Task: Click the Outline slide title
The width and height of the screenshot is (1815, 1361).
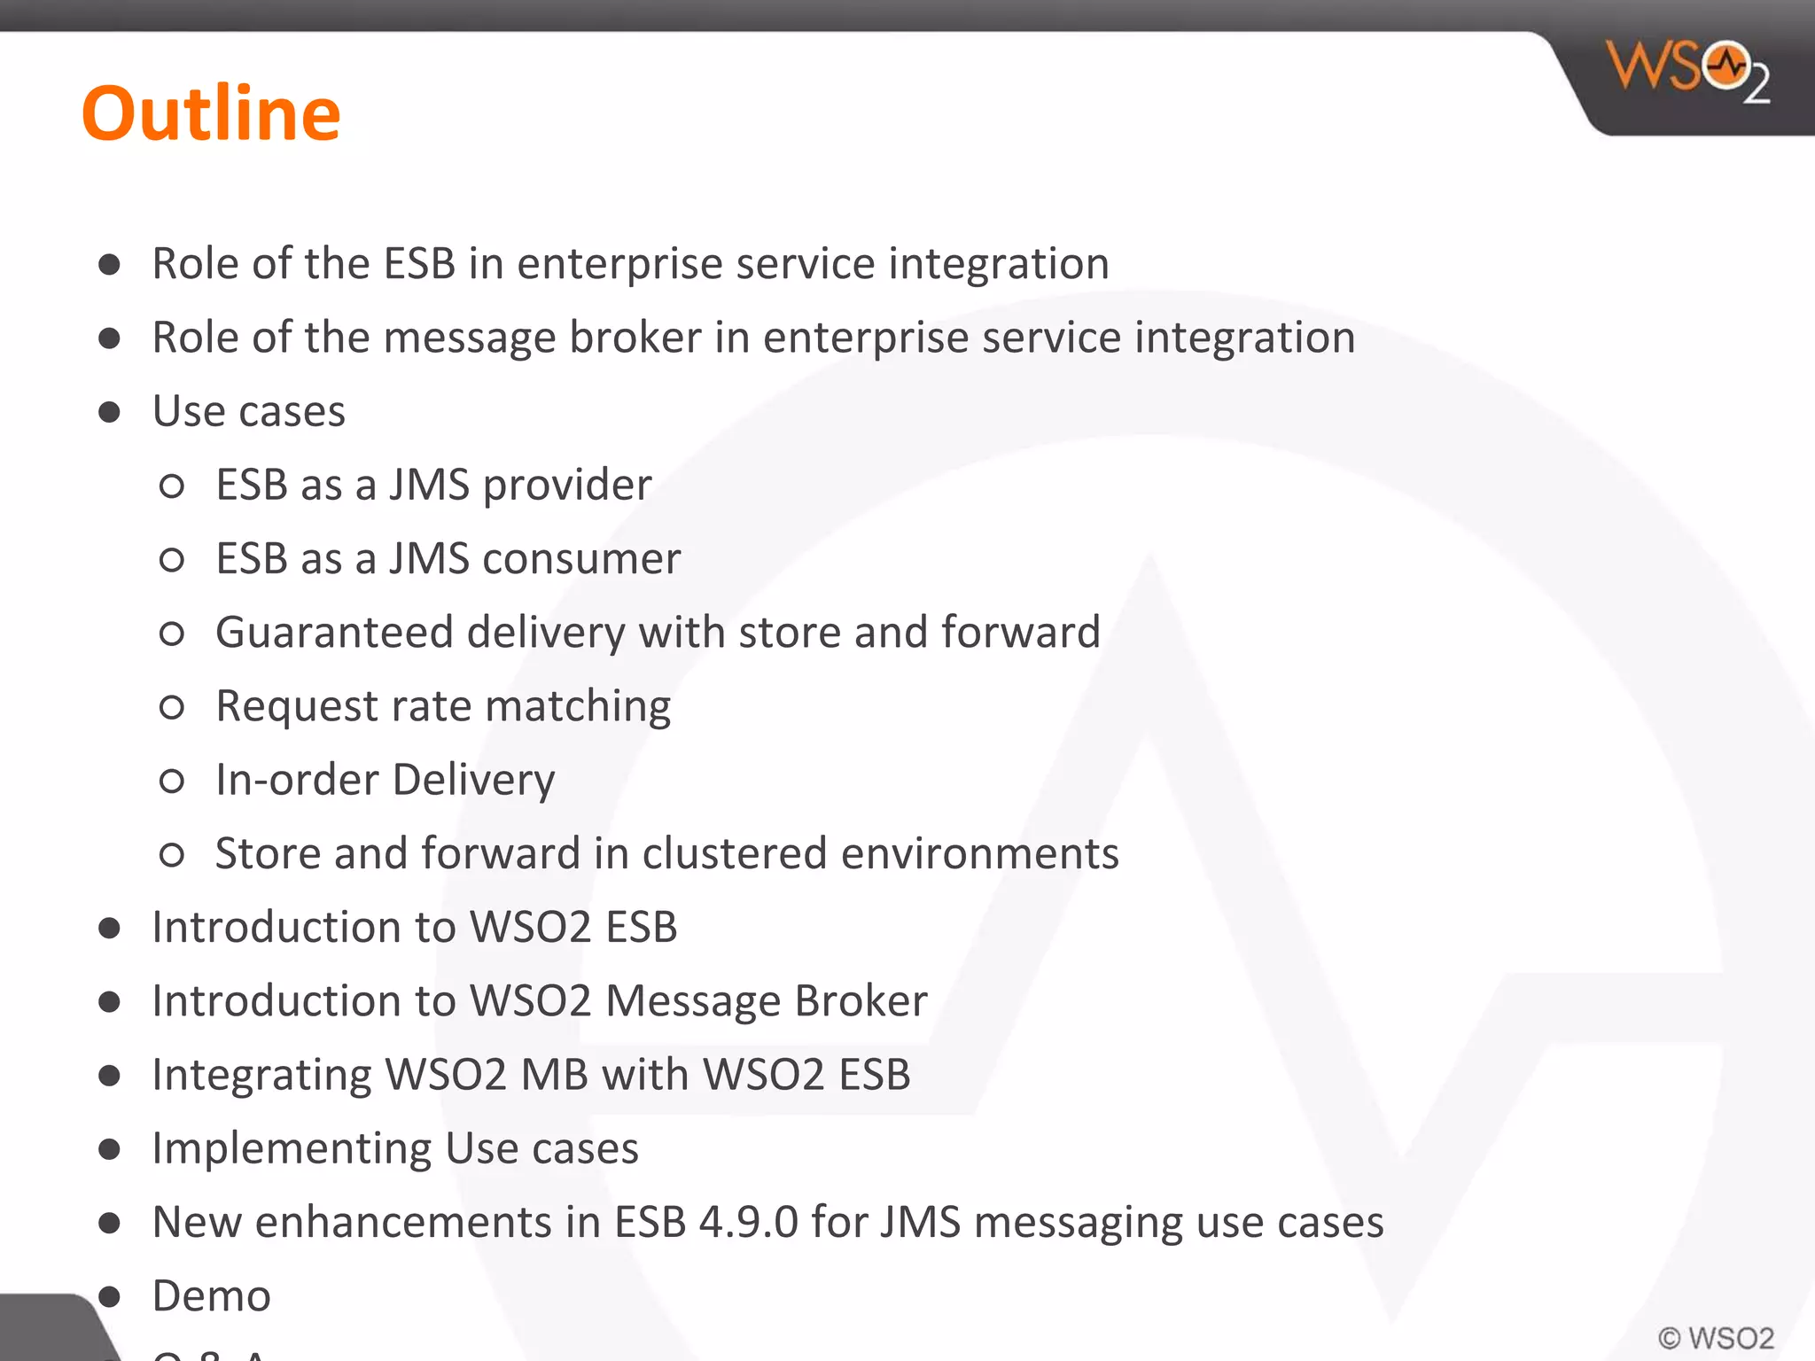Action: click(x=211, y=113)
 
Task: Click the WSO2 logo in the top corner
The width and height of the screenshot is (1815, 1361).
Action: click(x=1687, y=71)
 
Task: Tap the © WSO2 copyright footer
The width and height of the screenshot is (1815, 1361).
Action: click(x=1716, y=1338)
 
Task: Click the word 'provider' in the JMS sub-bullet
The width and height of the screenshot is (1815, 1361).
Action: click(x=567, y=486)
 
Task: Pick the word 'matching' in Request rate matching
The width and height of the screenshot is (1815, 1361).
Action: click(x=578, y=707)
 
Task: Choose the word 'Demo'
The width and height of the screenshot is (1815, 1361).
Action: click(x=211, y=1295)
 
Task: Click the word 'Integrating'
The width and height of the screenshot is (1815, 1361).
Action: click(x=261, y=1076)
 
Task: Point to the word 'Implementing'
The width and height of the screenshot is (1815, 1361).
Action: click(x=292, y=1149)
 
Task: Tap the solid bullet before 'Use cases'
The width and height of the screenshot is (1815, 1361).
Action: click(x=110, y=412)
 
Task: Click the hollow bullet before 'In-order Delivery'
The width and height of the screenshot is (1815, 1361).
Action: click(x=172, y=781)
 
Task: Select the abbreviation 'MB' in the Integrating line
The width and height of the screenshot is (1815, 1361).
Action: click(x=555, y=1075)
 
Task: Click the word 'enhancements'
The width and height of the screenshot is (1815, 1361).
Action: click(x=404, y=1222)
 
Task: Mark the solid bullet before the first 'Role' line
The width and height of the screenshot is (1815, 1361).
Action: click(x=110, y=264)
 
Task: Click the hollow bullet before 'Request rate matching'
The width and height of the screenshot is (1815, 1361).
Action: click(x=172, y=707)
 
